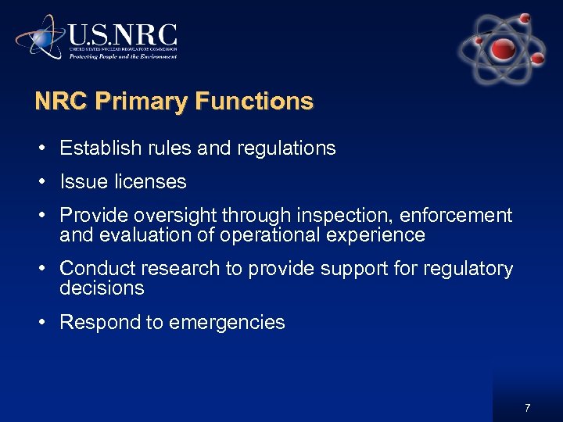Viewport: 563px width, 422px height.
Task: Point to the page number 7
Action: [x=528, y=408]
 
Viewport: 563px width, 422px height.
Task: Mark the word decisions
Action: [x=102, y=288]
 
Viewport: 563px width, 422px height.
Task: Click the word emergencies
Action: [x=235, y=323]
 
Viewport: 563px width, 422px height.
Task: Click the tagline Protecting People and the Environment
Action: [x=123, y=56]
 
